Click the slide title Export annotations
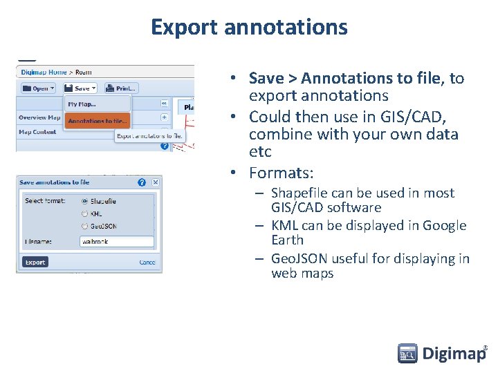coord(249,27)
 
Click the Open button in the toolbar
coord(38,88)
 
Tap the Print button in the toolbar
coord(122,88)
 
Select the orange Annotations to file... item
coord(97,121)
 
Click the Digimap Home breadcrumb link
coord(44,72)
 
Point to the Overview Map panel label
coord(39,117)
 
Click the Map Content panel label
coord(38,132)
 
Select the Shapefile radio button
coord(85,201)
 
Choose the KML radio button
coord(85,213)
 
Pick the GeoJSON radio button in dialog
coord(85,226)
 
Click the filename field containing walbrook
coord(116,242)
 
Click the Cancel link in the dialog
coord(147,262)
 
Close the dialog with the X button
coord(156,182)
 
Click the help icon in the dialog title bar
coord(142,182)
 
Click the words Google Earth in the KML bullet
coord(287,240)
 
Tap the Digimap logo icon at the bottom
coord(407,354)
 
